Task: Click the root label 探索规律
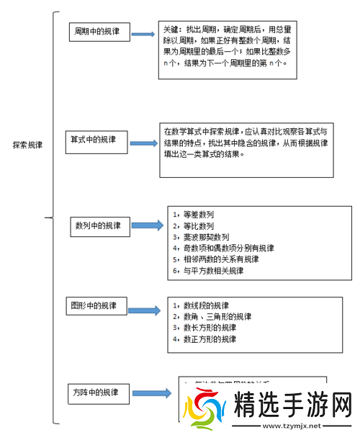click(x=27, y=145)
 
